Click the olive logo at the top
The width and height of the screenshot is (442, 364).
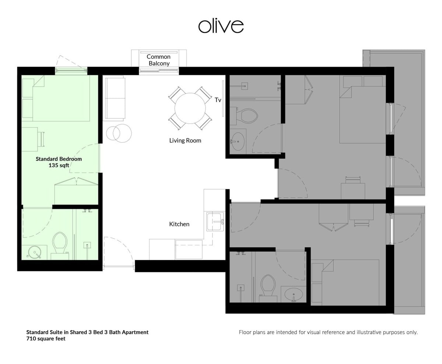click(221, 26)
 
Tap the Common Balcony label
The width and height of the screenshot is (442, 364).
click(158, 60)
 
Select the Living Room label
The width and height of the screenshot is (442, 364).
click(185, 140)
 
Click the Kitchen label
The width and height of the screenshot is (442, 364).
click(179, 224)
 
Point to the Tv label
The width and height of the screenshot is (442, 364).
click(218, 100)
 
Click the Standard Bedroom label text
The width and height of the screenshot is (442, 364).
click(59, 159)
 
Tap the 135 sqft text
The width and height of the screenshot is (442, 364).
click(59, 165)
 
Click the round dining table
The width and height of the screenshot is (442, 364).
click(190, 108)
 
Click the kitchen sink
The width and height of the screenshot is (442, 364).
click(215, 222)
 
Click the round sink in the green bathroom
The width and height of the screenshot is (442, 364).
click(35, 252)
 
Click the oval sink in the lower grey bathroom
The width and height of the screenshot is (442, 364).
click(294, 294)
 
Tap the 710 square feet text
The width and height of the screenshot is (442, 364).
click(46, 339)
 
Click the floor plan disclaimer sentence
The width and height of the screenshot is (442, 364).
click(328, 332)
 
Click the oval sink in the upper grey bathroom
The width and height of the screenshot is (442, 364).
click(238, 142)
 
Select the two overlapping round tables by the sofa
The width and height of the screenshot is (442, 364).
click(119, 133)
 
